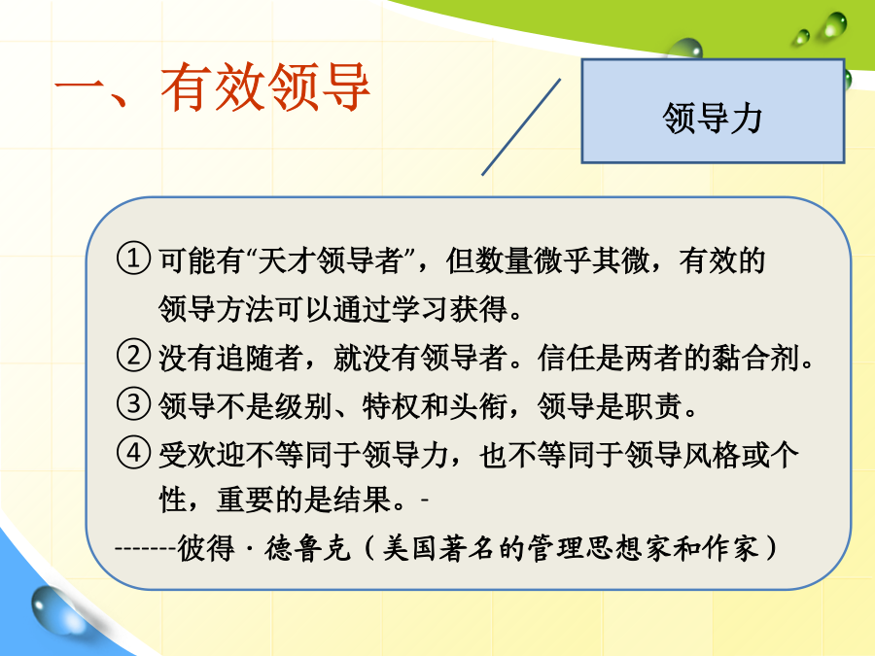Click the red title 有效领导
pos(265,87)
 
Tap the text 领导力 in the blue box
pos(713,119)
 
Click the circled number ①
pos(133,259)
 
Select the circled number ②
pos(133,356)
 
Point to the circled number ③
pos(133,404)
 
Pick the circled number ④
pos(133,452)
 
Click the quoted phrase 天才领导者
pos(331,259)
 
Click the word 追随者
pos(259,357)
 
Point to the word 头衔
pos(478,405)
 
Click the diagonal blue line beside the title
pos(521,126)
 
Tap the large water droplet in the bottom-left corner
pos(53,609)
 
